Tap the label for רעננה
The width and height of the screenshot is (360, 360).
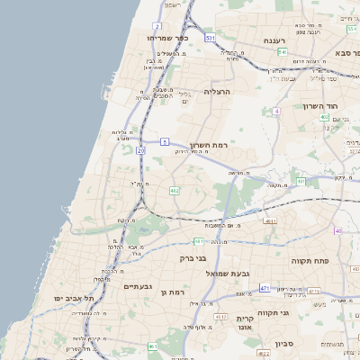coord(274,41)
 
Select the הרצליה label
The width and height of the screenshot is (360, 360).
coord(218,91)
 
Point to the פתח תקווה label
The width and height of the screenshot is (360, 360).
coord(309,260)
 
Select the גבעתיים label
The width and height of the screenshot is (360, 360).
coord(137,288)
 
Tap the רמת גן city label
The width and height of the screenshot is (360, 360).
coord(170,292)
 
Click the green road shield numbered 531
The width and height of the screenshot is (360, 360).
coord(209,39)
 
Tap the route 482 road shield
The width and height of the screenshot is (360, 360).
coord(174,191)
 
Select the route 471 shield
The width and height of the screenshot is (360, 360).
coord(264,288)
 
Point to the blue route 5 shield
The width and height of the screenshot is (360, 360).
coord(165,142)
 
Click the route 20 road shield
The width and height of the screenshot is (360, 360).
coord(140,149)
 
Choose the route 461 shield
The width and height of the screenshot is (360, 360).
coord(153,346)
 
